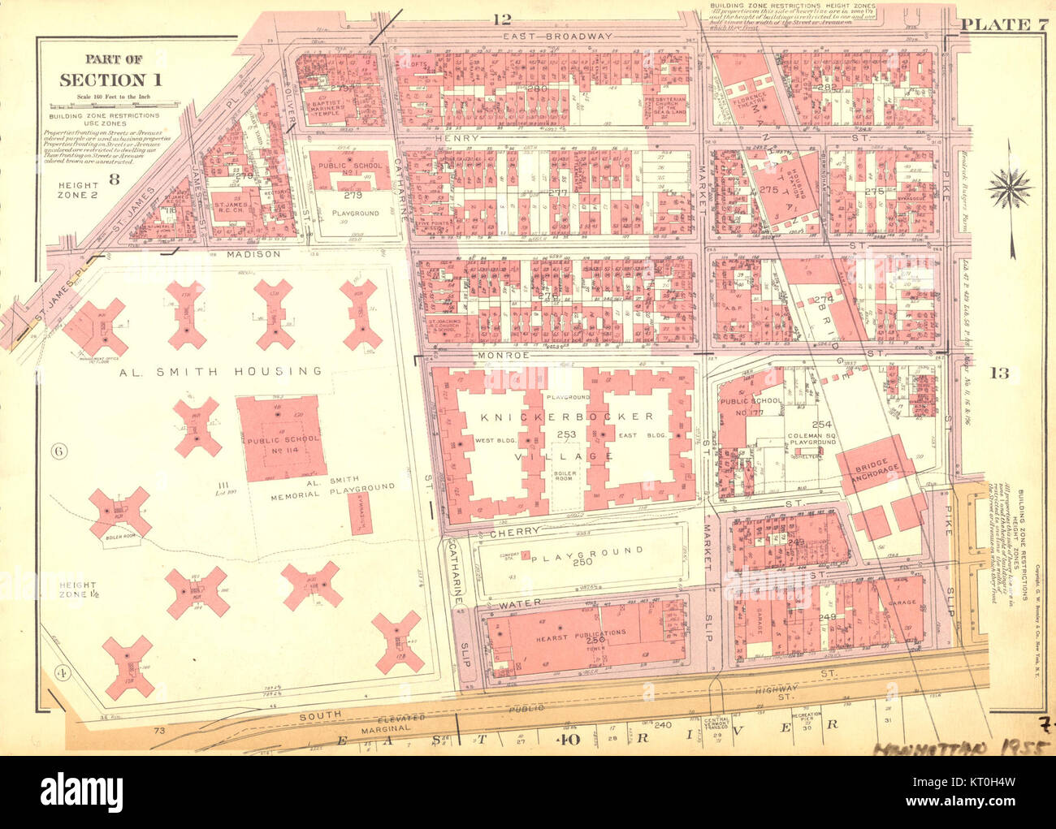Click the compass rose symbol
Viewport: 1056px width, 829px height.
click(1008, 188)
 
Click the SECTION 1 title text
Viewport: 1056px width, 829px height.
click(111, 80)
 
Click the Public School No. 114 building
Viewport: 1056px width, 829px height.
click(281, 439)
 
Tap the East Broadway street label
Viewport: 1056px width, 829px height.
click(556, 37)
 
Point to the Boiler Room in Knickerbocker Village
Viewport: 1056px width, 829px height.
click(564, 473)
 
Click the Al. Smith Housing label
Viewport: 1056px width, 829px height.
click(220, 371)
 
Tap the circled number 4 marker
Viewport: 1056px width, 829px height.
click(59, 671)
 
